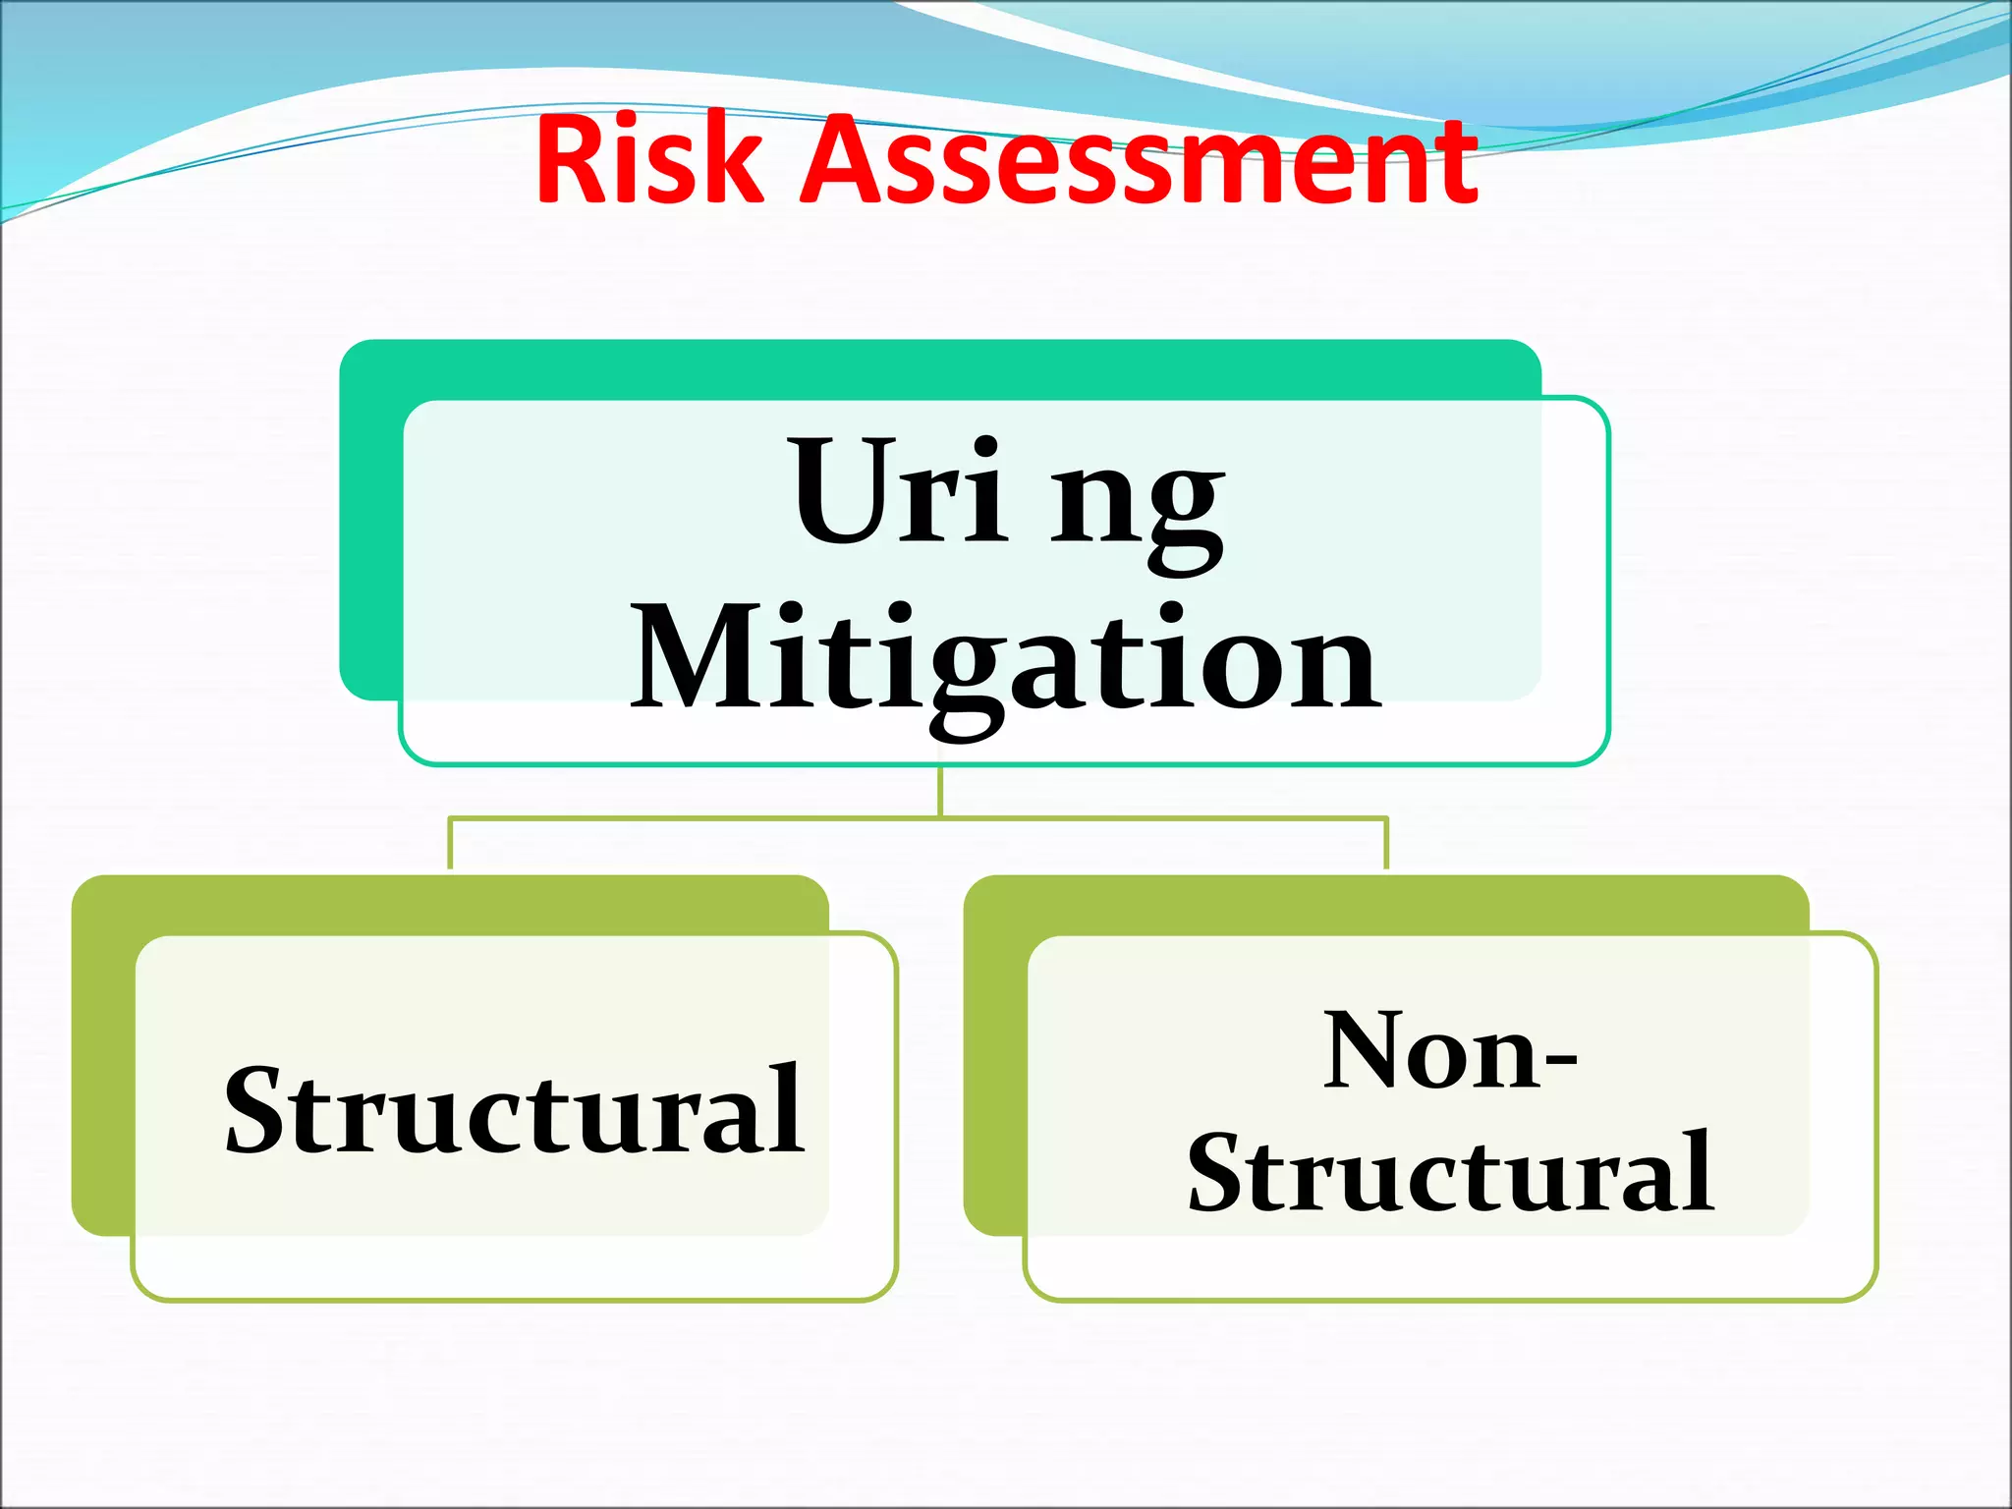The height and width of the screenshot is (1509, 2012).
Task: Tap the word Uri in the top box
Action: pos(899,491)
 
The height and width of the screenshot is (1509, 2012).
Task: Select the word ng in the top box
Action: pos(1138,506)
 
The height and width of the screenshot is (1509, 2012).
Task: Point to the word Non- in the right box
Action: pos(1449,1051)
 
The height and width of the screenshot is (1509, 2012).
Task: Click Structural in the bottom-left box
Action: pos(515,1110)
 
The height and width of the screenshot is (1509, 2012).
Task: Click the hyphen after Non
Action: pos(1560,1062)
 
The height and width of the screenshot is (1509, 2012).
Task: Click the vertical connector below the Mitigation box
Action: pos(940,791)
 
